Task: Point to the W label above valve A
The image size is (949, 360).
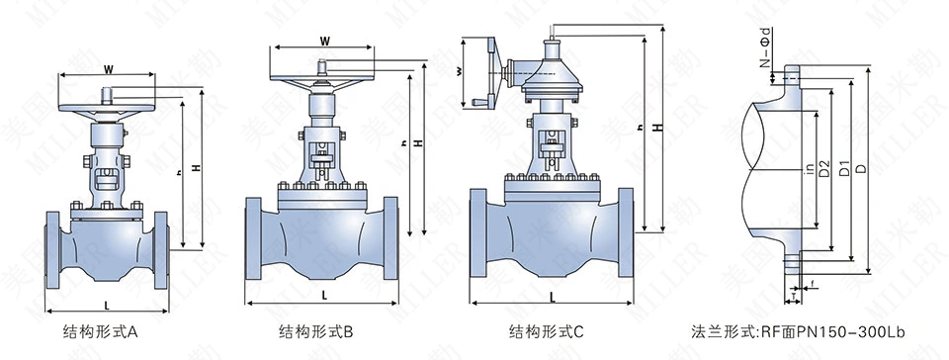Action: (107, 70)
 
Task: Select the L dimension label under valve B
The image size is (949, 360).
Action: (325, 296)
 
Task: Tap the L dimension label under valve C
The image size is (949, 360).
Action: (552, 296)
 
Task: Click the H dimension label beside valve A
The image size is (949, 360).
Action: (197, 171)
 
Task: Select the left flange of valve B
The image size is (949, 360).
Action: (251, 237)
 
